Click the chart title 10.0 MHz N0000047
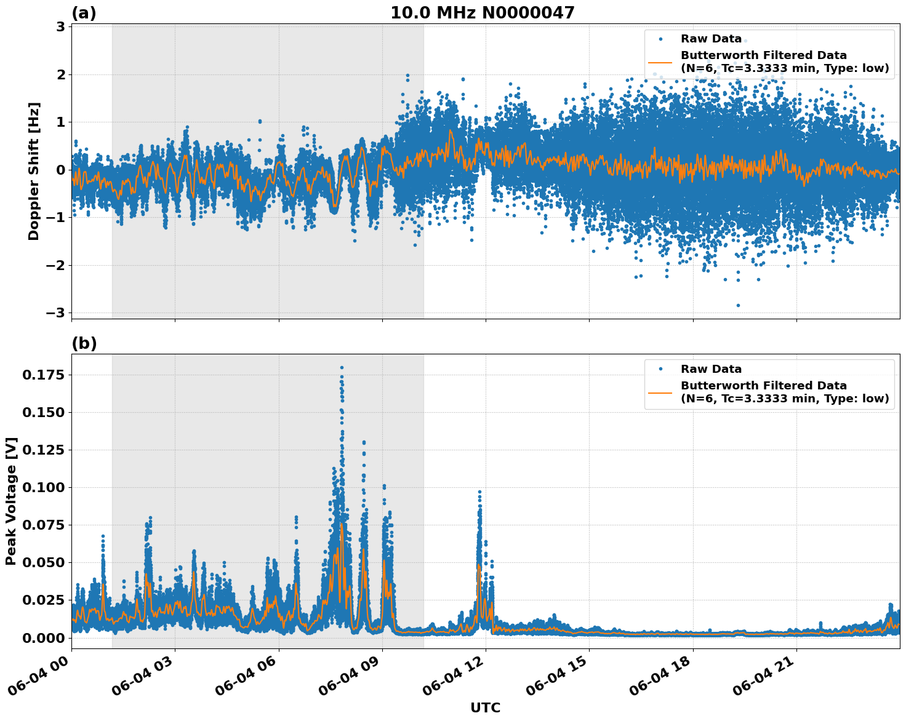click(x=482, y=13)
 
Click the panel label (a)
click(x=84, y=13)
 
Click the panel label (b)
click(x=84, y=343)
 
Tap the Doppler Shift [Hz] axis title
click(x=34, y=171)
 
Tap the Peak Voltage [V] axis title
click(x=11, y=501)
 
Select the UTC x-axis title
click(x=485, y=707)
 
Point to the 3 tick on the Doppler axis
click(x=60, y=27)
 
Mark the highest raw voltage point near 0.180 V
click(x=342, y=367)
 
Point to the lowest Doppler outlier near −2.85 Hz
click(x=738, y=305)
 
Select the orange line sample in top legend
click(x=660, y=62)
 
